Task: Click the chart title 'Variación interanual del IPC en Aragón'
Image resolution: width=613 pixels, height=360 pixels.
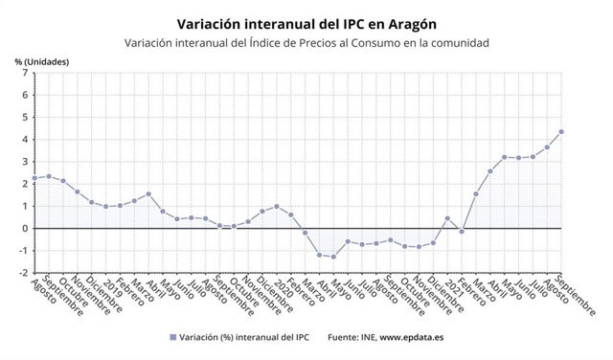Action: point(306,21)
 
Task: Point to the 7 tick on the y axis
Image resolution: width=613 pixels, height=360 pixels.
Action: point(24,74)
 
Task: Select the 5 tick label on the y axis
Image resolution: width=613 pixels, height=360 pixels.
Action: point(24,118)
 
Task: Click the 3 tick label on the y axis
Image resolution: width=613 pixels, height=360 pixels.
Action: point(24,162)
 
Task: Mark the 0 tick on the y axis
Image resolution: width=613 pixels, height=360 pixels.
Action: point(24,228)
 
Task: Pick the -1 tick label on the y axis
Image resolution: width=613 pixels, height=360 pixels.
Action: point(22,251)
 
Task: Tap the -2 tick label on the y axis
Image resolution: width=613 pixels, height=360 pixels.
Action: point(22,273)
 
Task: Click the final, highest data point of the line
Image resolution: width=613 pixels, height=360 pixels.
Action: point(560,132)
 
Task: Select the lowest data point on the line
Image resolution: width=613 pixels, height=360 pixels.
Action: point(333,257)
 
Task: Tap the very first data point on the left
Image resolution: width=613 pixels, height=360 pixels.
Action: point(34,178)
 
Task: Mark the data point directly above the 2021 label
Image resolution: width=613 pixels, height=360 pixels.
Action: point(447,218)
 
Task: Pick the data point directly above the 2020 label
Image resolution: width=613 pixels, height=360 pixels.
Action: point(277,206)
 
